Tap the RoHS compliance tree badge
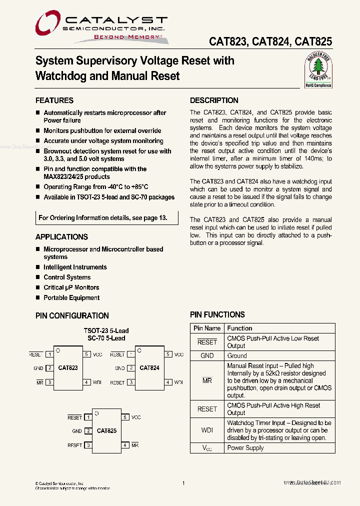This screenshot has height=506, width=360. pyautogui.click(x=318, y=70)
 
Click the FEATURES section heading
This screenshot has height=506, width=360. pyautogui.click(x=54, y=100)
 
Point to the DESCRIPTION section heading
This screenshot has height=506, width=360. pyautogui.click(x=214, y=100)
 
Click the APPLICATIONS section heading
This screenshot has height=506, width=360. pyautogui.click(x=61, y=237)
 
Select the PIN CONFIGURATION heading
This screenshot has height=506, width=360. pyautogui.click(x=72, y=315)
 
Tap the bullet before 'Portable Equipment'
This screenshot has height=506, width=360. pyautogui.click(x=38, y=298)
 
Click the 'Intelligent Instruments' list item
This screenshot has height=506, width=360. pyautogui.click(x=75, y=267)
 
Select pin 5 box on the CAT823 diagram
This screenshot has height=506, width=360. pyautogui.click(x=86, y=354)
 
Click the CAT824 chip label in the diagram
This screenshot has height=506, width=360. pyautogui.click(x=149, y=368)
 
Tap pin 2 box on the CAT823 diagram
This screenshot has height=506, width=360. pyautogui.click(x=49, y=368)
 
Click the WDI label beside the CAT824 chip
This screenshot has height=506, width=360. pyautogui.click(x=178, y=382)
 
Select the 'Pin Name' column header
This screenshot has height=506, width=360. pyautogui.click(x=207, y=328)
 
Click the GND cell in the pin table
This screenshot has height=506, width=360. pyautogui.click(x=207, y=356)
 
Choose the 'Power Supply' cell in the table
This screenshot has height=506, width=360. pyautogui.click(x=245, y=448)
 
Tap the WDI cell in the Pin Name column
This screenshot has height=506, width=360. pyautogui.click(x=207, y=430)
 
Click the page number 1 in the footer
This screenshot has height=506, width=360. pyautogui.click(x=184, y=483)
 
